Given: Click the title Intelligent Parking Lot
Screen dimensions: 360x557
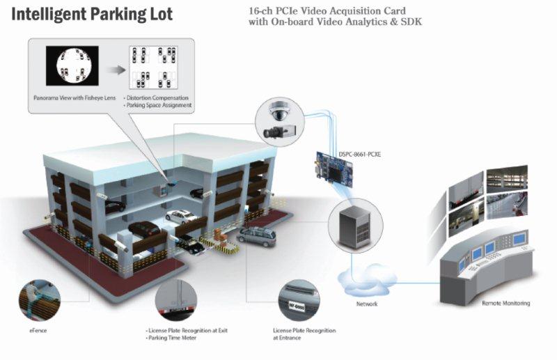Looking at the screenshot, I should tap(91, 14).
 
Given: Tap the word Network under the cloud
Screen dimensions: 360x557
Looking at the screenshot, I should tap(366, 304).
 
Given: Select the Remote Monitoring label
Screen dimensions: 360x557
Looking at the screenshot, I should tap(505, 304).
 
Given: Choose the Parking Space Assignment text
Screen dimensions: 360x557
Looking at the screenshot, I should tap(159, 106).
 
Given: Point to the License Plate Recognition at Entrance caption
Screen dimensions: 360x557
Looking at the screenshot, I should tap(304, 334).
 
